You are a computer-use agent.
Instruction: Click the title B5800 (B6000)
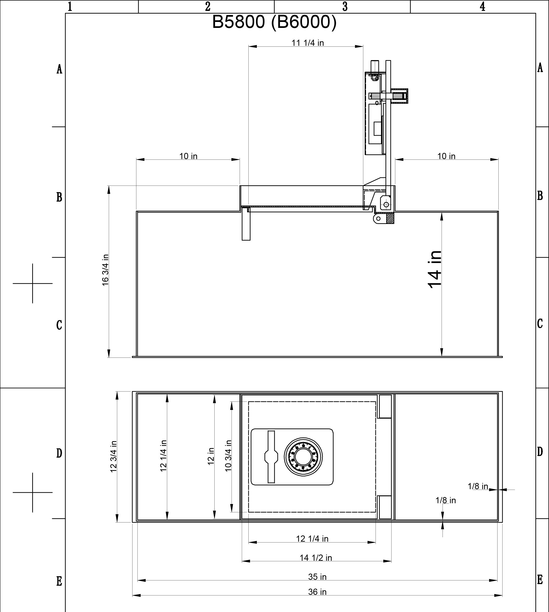274,22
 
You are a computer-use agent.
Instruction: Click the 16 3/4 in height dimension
105,270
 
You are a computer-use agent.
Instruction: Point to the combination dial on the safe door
303,457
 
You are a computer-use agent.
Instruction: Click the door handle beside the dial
271,457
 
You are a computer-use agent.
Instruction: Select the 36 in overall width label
317,592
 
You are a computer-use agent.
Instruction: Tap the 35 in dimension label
317,576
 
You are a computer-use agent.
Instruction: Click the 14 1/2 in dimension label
316,558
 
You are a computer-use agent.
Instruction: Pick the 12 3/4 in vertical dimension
113,457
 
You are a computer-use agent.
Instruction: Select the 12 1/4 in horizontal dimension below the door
312,539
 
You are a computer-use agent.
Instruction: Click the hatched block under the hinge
390,218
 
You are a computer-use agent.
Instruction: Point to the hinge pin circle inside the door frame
386,205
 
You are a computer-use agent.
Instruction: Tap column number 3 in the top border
345,6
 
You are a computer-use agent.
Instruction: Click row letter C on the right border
540,324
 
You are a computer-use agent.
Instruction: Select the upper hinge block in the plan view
385,406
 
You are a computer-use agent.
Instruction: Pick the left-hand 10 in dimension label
188,156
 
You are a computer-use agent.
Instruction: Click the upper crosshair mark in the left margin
32,283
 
